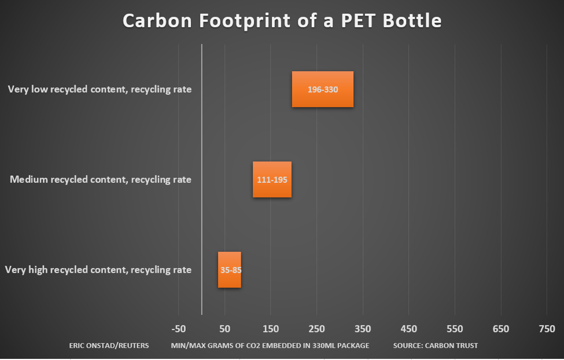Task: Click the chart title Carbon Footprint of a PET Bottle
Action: (282, 21)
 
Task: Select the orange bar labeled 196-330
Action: (322, 89)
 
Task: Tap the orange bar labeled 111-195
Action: (272, 179)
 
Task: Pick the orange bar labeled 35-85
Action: (229, 270)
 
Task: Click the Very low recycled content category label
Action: (99, 89)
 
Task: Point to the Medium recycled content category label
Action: (101, 179)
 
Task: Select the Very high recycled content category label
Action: (98, 270)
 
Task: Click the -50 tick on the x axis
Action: (179, 329)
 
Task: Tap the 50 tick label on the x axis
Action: (224, 329)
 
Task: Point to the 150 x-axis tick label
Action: (271, 329)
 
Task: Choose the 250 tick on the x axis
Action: (316, 329)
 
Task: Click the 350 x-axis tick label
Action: (363, 329)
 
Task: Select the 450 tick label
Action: (408, 329)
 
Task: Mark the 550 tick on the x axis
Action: (455, 329)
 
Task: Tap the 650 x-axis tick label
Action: (501, 329)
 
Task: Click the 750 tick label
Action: (547, 329)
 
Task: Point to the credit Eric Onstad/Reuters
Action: (109, 346)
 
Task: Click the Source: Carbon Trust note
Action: (436, 346)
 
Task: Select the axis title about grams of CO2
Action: (270, 346)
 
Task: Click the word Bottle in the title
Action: (409, 21)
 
